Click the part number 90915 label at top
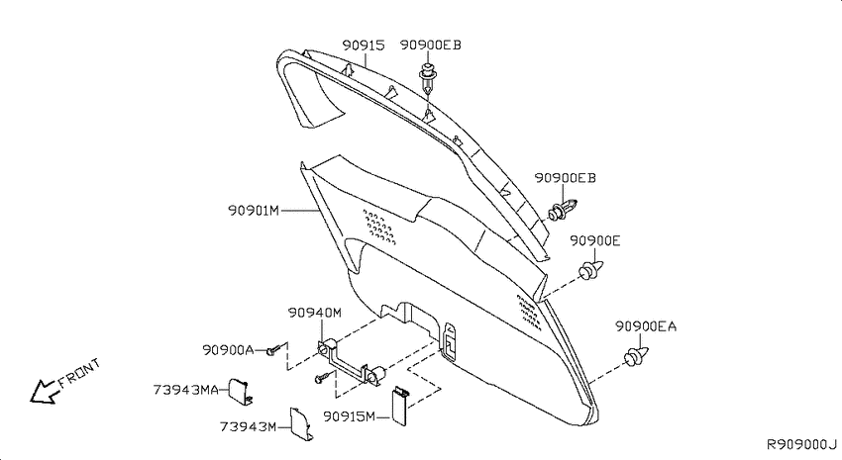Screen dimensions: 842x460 pyautogui.click(x=364, y=46)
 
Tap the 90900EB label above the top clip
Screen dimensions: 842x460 pyautogui.click(x=430, y=46)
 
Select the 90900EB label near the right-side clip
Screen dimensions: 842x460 pyautogui.click(x=565, y=178)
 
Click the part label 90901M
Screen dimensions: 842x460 pyautogui.click(x=254, y=210)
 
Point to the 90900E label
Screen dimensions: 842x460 pyautogui.click(x=595, y=241)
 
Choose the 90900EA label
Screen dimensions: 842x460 pyautogui.click(x=646, y=326)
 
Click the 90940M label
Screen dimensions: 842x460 pyautogui.click(x=315, y=313)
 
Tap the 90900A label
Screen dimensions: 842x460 pyautogui.click(x=228, y=350)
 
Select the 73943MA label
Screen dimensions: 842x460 pyautogui.click(x=186, y=390)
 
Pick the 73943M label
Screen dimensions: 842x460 pyautogui.click(x=248, y=426)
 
